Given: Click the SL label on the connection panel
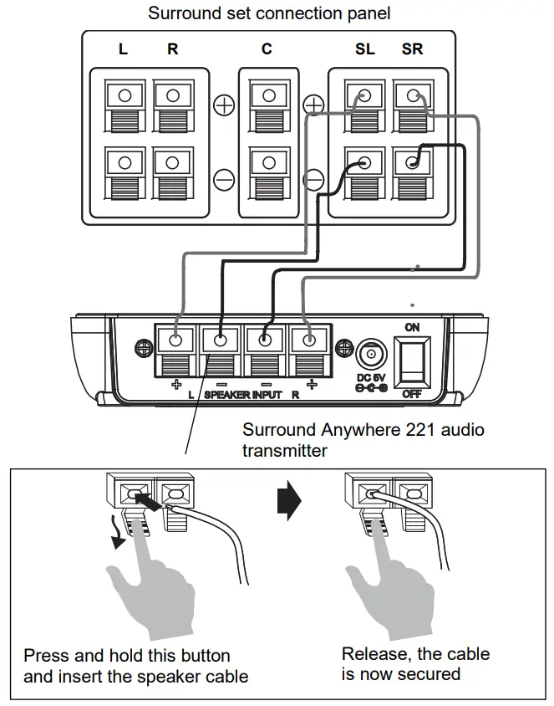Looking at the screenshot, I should [364, 49].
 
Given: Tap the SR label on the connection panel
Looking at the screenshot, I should [412, 49].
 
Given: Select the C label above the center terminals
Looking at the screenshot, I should [267, 49].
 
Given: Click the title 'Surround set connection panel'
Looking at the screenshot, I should [269, 13].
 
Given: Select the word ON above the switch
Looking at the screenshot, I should [412, 327].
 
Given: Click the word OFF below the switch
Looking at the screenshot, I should [412, 392].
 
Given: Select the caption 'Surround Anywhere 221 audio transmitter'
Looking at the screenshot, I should [363, 439].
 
